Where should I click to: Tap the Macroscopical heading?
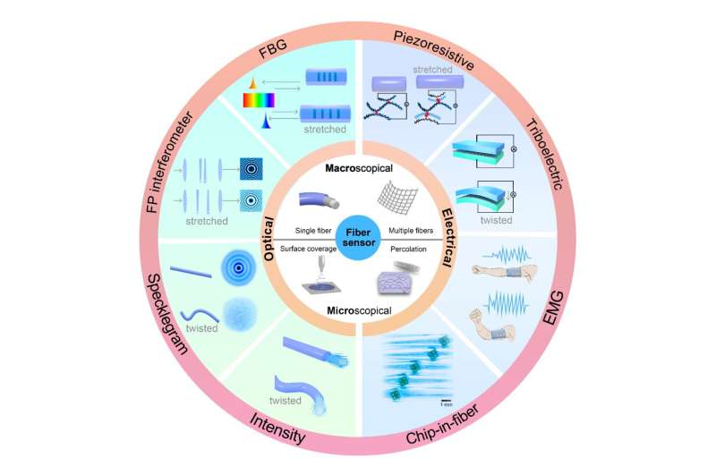pyautogui.click(x=357, y=167)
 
